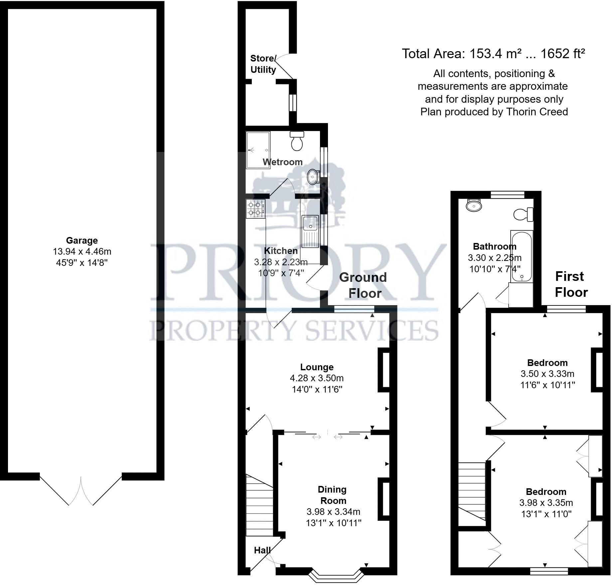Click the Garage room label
point(82,240)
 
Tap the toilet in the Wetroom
point(297,141)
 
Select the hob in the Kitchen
point(255,208)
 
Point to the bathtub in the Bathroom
point(522,257)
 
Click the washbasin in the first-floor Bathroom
point(474,206)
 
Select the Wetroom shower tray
point(258,150)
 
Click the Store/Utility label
point(263,64)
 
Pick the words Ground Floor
point(363,285)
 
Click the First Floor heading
point(571,284)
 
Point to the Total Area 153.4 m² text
point(493,54)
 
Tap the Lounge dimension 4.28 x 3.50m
point(317,378)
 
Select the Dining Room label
point(332,495)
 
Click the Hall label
point(262,550)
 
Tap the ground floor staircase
point(259,505)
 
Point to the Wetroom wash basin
point(312,177)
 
